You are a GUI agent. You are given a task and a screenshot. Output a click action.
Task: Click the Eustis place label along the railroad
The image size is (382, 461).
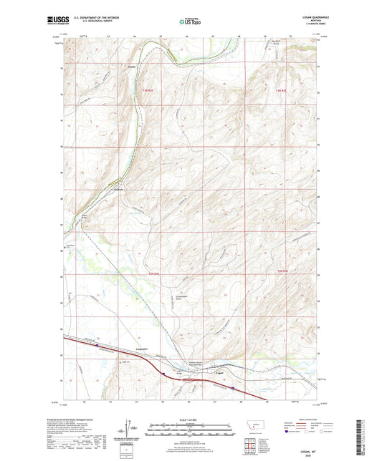point(120,190)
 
